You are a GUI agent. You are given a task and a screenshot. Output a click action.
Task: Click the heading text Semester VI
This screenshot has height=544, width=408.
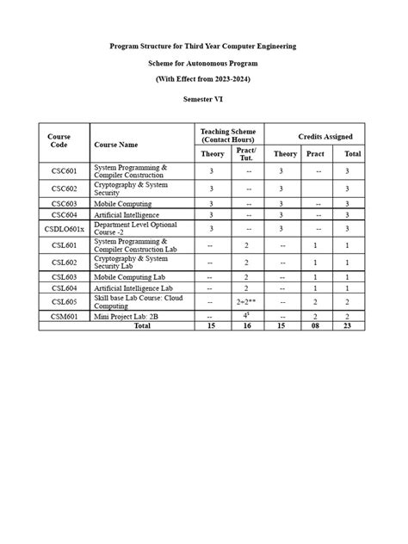[x=203, y=101]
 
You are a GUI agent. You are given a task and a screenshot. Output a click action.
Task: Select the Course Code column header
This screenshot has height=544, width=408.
[x=59, y=141]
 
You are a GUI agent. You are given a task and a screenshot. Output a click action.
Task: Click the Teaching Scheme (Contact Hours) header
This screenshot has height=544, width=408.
[x=228, y=134]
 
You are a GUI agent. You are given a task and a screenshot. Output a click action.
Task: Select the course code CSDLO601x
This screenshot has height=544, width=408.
[x=65, y=229]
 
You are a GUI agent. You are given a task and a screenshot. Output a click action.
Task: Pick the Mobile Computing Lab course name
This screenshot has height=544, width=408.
[x=130, y=276]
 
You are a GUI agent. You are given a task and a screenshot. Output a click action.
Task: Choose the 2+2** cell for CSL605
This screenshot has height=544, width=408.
[x=246, y=302]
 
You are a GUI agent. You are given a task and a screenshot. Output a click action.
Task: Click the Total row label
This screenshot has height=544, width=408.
[x=141, y=326]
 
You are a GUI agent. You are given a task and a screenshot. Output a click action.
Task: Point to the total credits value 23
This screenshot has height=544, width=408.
[x=347, y=326]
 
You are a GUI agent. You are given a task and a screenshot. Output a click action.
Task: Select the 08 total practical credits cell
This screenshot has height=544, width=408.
[x=315, y=326]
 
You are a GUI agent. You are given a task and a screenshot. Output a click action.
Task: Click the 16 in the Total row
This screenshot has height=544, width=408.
[x=246, y=326]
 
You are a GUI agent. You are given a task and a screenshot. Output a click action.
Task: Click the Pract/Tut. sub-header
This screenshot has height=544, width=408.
[x=246, y=153]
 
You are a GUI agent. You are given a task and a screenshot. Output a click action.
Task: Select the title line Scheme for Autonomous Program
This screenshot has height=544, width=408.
[x=203, y=64]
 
